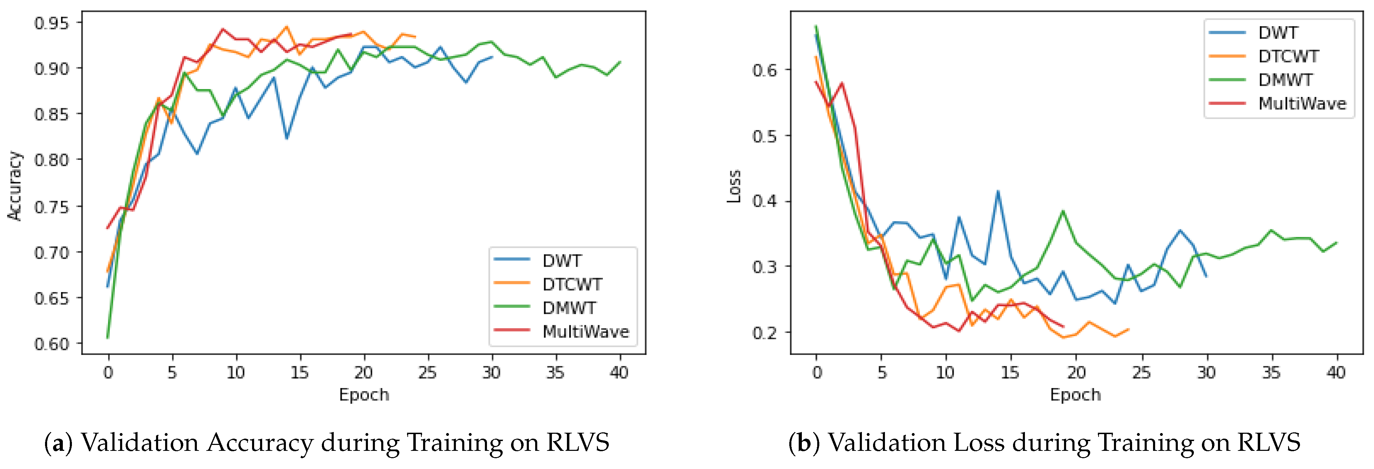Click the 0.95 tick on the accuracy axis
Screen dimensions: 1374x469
point(51,23)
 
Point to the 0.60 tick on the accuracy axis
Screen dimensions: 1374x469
point(51,344)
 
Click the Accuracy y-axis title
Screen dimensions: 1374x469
point(15,185)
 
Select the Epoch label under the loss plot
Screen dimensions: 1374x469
point(1075,395)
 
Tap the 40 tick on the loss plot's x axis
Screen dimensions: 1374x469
point(1336,372)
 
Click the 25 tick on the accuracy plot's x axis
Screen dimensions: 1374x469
point(428,372)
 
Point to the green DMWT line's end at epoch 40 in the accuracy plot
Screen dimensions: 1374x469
point(620,62)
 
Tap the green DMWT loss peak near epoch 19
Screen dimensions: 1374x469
point(1063,211)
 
